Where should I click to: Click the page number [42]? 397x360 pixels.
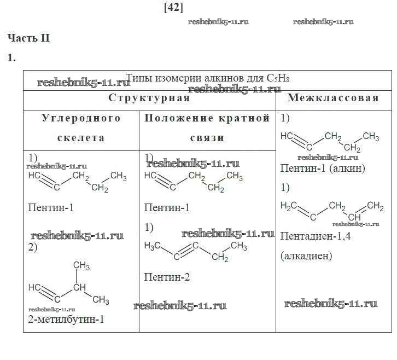tap(173, 7)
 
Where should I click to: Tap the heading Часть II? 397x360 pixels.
tap(28, 38)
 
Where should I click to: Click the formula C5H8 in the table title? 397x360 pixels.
tap(278, 78)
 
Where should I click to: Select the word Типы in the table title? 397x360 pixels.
tap(137, 78)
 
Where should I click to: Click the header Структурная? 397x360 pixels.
tap(149, 98)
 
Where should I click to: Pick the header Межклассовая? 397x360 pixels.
tap(333, 98)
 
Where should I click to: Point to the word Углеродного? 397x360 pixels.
tap(81, 118)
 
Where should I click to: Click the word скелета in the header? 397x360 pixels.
tap(81, 138)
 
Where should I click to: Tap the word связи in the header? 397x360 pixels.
tap(207, 138)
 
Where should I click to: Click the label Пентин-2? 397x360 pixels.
tap(167, 277)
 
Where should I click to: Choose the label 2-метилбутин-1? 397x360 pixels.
tap(66, 320)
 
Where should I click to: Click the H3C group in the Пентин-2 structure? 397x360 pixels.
tap(153, 246)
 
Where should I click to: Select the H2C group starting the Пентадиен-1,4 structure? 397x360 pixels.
tap(289, 206)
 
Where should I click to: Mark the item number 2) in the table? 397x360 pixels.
tap(32, 247)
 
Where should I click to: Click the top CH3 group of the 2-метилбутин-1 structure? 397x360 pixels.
tap(81, 266)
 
